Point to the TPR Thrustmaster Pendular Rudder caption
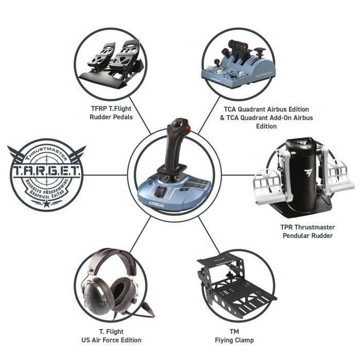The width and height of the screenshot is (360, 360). pos(308,231)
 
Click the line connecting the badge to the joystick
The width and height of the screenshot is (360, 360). pos(105,175)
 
